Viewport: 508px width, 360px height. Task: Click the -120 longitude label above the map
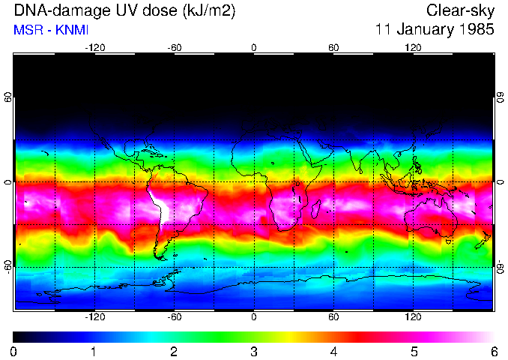94,47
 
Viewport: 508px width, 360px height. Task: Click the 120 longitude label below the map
413,317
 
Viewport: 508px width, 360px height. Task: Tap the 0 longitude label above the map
254,47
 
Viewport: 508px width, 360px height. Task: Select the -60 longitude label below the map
174,317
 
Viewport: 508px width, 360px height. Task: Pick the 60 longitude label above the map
333,47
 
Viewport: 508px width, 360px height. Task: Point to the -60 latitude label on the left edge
8,266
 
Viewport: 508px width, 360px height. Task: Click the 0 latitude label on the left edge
8,182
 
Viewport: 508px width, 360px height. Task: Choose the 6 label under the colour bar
493,352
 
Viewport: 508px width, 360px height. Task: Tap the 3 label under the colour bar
254,352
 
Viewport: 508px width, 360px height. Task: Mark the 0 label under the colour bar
14,352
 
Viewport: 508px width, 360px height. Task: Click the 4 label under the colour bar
333,352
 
